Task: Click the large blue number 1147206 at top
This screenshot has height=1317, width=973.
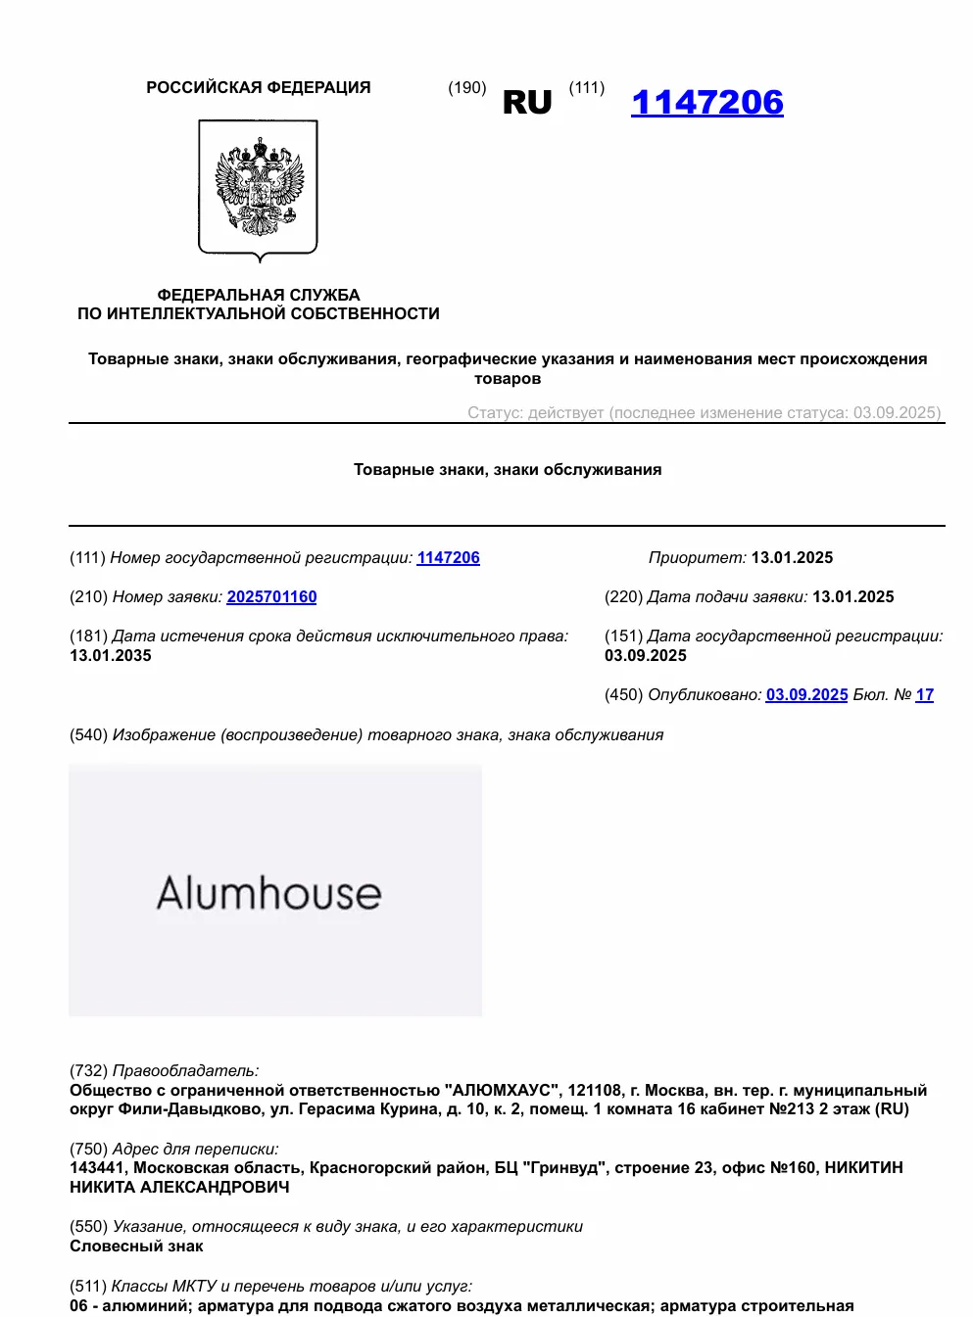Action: [706, 102]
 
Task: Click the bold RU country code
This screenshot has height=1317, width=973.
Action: [527, 102]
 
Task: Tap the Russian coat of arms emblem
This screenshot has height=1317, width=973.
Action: [259, 189]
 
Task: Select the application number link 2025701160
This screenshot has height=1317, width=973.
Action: [271, 596]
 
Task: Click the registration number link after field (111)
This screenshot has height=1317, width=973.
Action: [448, 557]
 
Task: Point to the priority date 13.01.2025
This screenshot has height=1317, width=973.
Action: [792, 557]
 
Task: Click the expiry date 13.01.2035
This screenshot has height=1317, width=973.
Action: [111, 655]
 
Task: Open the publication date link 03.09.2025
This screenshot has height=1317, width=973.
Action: [806, 694]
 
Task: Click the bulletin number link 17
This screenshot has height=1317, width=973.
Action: [925, 694]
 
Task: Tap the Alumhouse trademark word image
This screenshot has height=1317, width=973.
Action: [269, 892]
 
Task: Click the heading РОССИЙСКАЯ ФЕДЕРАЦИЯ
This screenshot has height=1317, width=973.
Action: [259, 87]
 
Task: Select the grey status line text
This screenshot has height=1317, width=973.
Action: [704, 412]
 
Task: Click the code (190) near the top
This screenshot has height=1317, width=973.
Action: [467, 87]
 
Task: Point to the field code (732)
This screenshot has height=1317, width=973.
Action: [88, 1070]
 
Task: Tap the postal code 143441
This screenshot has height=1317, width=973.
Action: [97, 1167]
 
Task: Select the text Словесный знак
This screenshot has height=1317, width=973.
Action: [136, 1246]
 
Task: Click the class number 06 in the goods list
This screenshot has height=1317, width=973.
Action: [78, 1305]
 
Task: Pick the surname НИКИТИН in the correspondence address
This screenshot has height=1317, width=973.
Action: [863, 1167]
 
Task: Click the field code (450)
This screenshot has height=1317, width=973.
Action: [623, 694]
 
